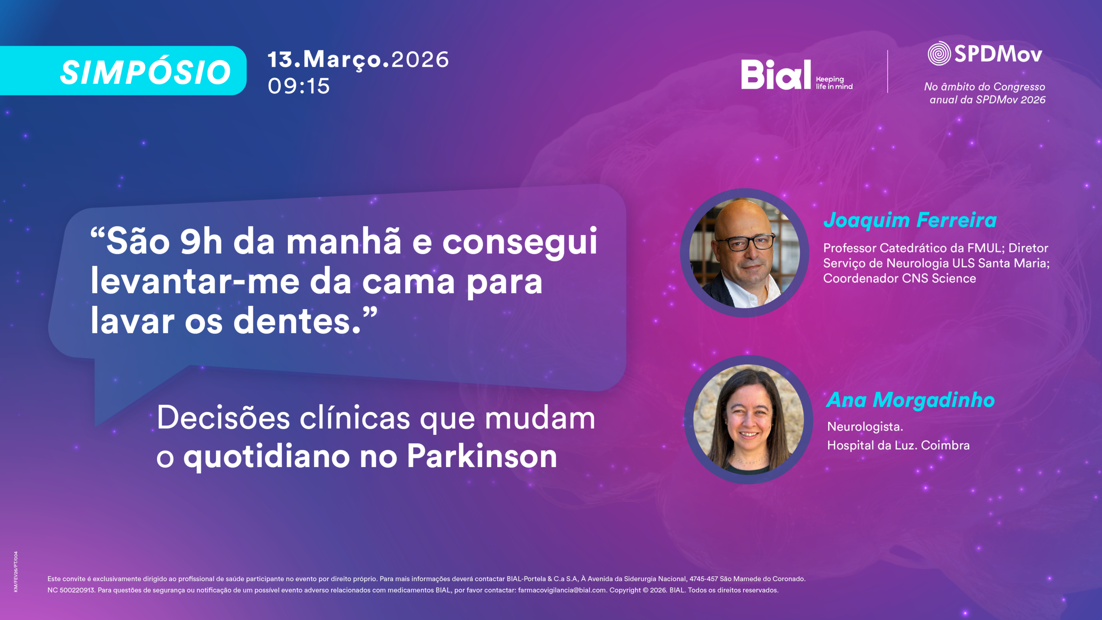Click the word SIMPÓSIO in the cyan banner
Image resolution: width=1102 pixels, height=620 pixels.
point(145,72)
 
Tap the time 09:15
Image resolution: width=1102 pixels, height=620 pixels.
point(299,86)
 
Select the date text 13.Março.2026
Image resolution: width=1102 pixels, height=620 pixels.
point(358,59)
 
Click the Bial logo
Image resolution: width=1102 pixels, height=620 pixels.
point(776,74)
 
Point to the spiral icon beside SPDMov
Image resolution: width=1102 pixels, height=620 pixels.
point(939,53)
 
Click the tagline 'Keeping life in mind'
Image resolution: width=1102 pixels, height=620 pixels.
point(834,83)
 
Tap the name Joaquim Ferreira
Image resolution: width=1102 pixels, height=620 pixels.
point(910,220)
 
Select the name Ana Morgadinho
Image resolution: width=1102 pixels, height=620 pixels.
point(911,400)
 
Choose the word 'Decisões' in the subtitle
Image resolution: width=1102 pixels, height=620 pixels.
point(223,418)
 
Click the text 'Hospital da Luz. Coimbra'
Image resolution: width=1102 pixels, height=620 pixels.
point(898,445)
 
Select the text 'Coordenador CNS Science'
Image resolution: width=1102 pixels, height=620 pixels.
point(900,279)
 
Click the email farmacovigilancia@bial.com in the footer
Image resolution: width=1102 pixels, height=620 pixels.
point(562,590)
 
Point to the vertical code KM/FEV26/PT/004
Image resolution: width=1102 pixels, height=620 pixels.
point(16,572)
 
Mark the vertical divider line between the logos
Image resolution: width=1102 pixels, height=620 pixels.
point(888,71)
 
